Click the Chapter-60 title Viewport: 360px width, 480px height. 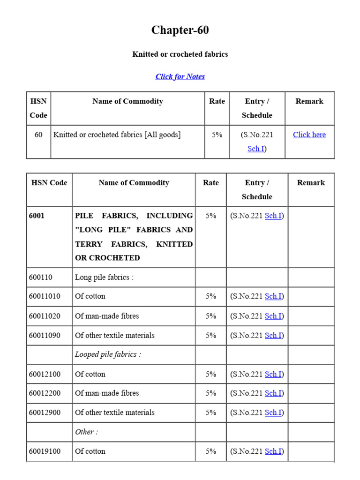click(x=180, y=30)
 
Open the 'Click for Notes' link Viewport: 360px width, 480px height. click(x=180, y=76)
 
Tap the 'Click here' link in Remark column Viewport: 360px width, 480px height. click(x=309, y=135)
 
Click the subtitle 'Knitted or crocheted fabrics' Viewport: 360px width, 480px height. click(x=180, y=54)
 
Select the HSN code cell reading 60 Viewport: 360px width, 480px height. click(x=38, y=135)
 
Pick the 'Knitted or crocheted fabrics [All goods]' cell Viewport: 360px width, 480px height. click(x=117, y=135)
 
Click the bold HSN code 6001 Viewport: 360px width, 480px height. click(x=37, y=216)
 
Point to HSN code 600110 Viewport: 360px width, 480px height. click(x=40, y=277)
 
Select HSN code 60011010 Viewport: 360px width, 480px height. click(x=45, y=296)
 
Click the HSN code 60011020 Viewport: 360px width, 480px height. click(x=45, y=316)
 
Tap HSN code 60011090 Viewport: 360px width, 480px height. click(x=45, y=335)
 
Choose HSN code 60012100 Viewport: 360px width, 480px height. click(x=45, y=374)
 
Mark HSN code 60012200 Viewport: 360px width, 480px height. click(x=45, y=393)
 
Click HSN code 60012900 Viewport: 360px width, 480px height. click(x=45, y=412)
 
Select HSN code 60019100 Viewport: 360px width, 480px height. click(x=45, y=451)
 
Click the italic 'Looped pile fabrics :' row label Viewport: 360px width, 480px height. click(x=108, y=354)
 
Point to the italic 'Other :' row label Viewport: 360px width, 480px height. click(x=86, y=432)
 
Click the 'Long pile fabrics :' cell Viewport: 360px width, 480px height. click(x=104, y=277)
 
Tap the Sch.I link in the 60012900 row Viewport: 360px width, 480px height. click(x=273, y=412)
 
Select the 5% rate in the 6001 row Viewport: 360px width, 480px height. click(x=211, y=216)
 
